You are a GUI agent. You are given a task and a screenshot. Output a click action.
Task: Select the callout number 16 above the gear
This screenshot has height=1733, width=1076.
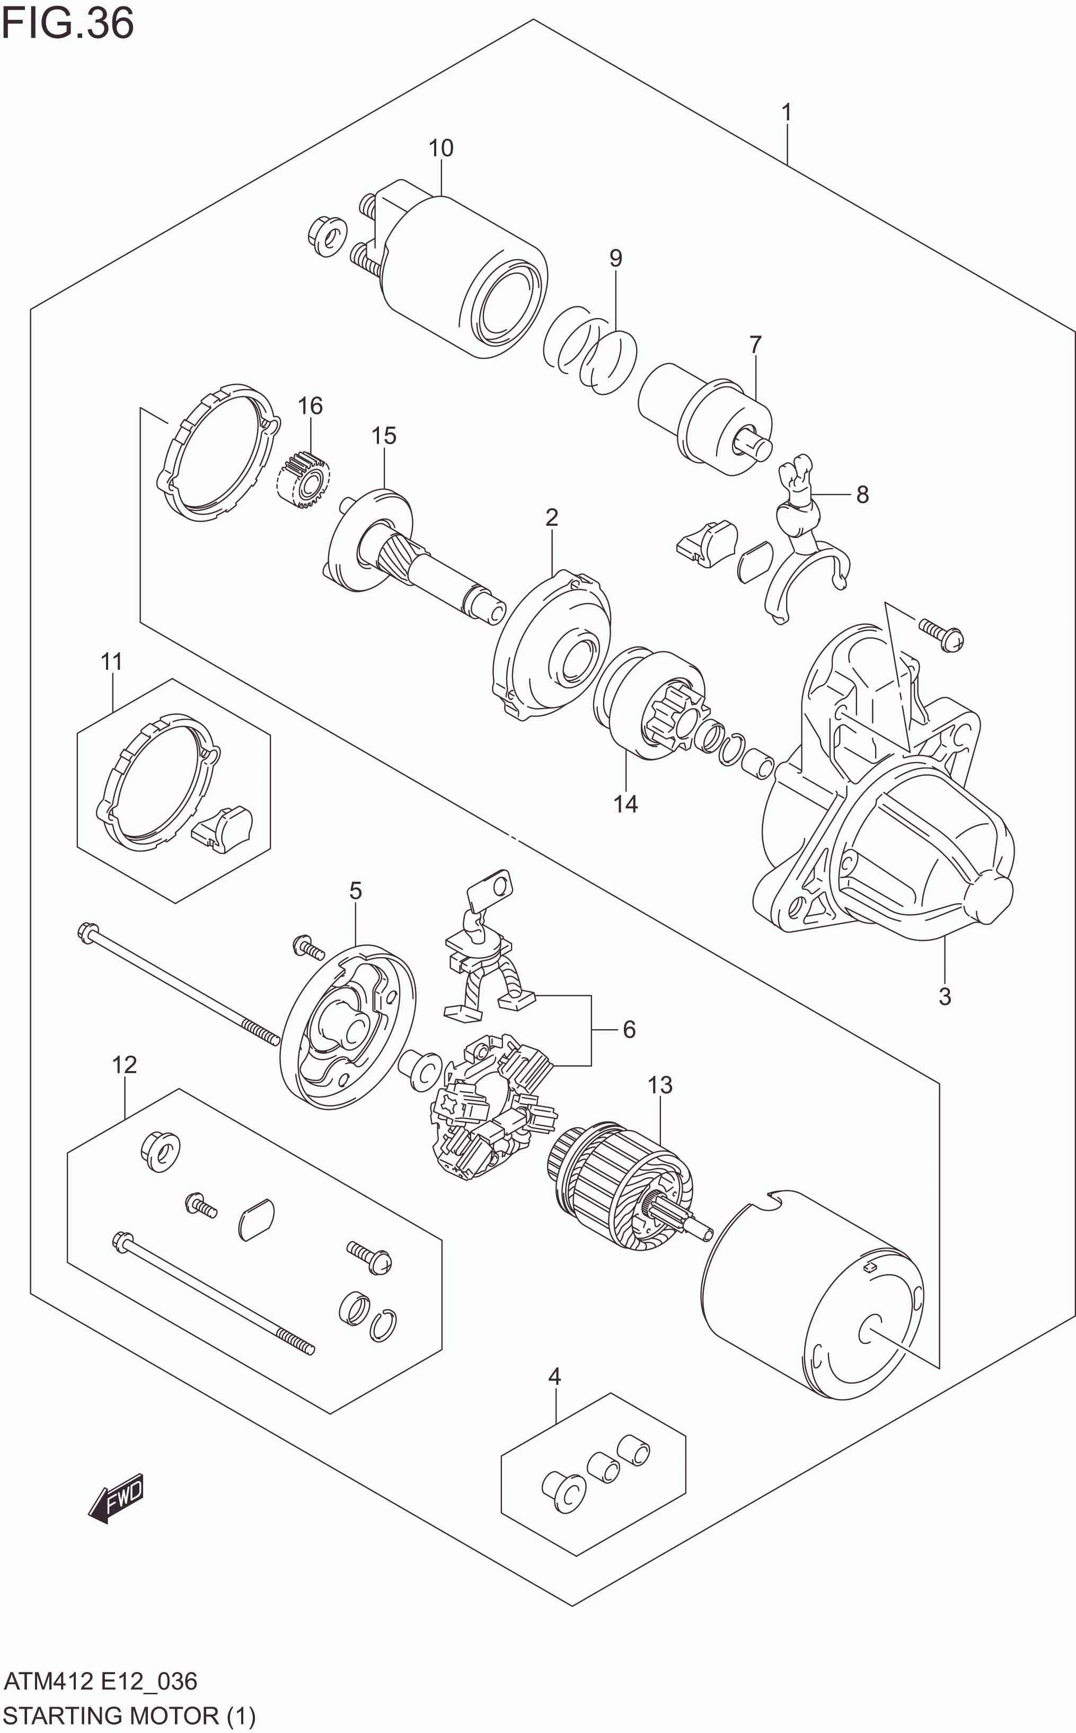point(310,405)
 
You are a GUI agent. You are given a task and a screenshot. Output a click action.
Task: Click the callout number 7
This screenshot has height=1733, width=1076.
point(755,344)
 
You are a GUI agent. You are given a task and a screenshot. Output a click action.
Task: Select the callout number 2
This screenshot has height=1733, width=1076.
point(552,517)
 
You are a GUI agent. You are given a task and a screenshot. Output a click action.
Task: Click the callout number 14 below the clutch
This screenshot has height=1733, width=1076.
point(625,804)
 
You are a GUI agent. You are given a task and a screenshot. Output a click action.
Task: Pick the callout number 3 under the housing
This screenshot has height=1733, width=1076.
point(945,996)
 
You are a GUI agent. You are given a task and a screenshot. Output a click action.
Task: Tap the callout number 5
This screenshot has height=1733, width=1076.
point(355,890)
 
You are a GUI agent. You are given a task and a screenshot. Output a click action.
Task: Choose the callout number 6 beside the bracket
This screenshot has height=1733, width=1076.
point(629,1029)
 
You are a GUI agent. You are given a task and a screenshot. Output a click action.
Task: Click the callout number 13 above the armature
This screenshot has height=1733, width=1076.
point(660,1085)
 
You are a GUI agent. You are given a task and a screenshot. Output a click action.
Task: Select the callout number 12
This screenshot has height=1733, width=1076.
point(124,1065)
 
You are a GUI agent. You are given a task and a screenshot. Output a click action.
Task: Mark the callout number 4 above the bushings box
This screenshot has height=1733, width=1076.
point(554,1376)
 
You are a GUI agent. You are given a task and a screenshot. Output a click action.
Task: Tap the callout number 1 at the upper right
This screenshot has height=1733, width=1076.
point(787,112)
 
